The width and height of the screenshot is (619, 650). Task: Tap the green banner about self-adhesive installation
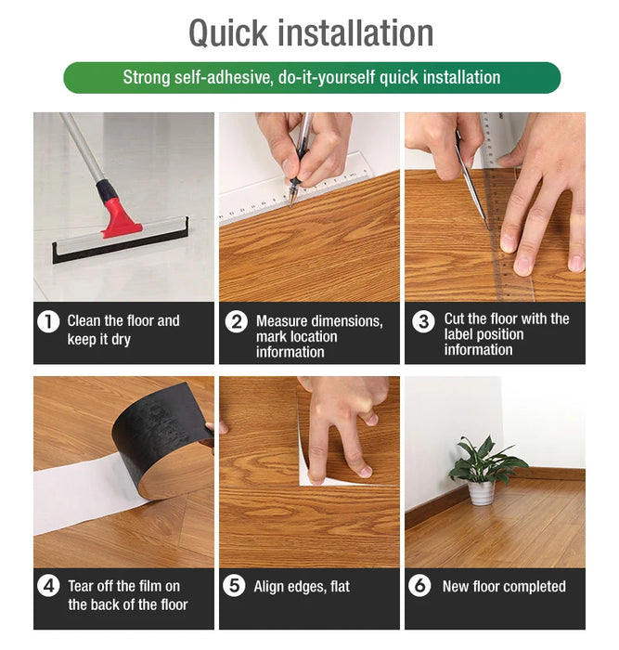pos(312,78)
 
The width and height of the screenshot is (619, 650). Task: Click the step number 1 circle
pos(48,322)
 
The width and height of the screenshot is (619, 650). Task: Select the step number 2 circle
pos(237,322)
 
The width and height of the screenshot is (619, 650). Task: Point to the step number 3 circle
pos(423,322)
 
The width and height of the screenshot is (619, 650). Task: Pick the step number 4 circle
pos(48,587)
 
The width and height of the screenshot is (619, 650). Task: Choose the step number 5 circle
pos(237,587)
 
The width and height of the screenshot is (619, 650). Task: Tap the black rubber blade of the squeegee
pos(120,244)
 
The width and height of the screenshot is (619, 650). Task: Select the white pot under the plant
pos(481,492)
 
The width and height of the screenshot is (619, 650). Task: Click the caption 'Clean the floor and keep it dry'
pos(123,331)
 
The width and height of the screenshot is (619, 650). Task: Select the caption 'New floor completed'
pos(504,587)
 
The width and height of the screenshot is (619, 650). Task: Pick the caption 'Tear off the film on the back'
pos(127,595)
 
